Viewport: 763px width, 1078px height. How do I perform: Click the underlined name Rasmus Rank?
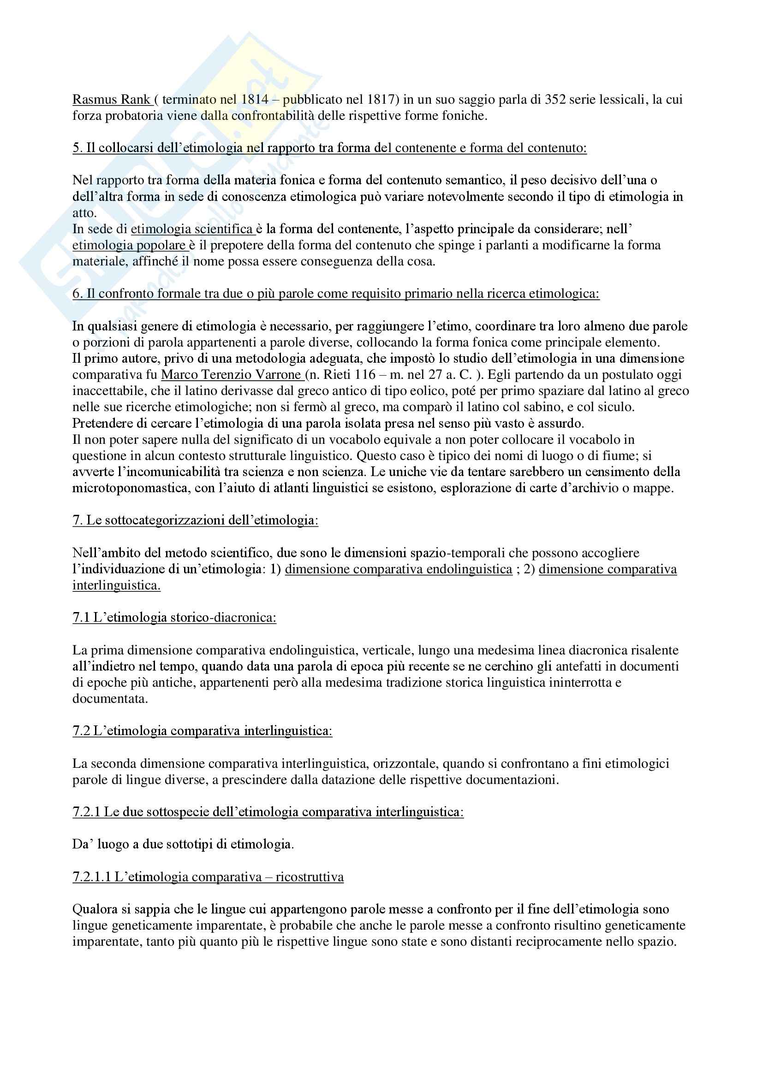click(111, 100)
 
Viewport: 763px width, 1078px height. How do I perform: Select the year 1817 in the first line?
click(377, 100)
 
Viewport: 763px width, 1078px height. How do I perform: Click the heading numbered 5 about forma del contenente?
click(329, 148)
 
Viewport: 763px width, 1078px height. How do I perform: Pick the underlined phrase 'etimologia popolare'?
click(130, 245)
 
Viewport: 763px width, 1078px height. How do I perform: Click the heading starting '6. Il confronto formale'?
click(336, 294)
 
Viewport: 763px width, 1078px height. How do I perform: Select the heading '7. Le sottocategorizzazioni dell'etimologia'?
click(195, 520)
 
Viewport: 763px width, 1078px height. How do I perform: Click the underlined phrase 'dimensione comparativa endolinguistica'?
click(399, 569)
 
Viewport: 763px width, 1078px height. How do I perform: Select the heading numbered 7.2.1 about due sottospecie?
click(268, 812)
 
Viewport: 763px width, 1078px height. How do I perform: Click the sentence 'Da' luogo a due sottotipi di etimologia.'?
click(183, 844)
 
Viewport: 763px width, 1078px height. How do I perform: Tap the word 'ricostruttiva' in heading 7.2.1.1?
click(310, 877)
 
